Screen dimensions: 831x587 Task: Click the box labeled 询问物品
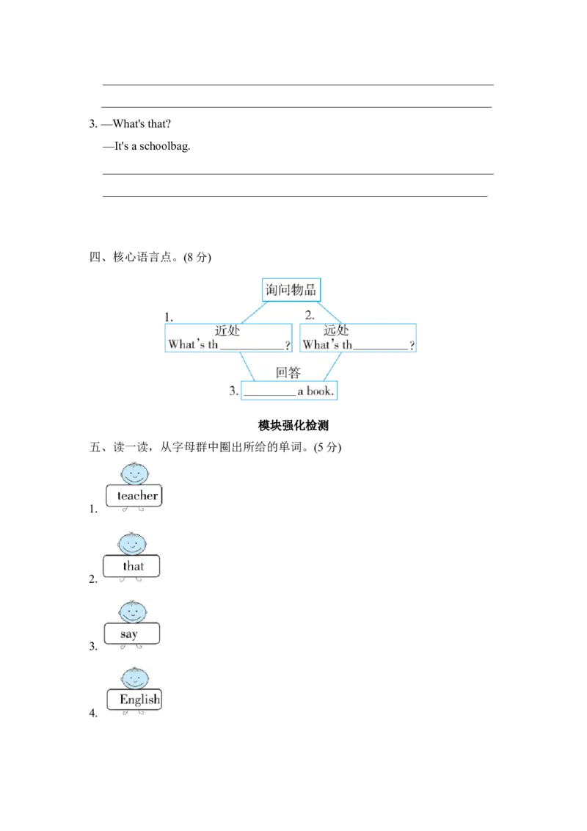point(291,289)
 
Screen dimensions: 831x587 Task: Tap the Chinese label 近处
point(227,331)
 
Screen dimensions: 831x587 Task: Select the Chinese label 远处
point(336,331)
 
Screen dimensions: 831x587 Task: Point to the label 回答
point(288,373)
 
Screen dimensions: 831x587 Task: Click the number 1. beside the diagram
point(169,317)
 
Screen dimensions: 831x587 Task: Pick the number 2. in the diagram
point(310,316)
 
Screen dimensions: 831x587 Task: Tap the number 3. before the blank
point(233,391)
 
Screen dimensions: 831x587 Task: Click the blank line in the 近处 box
point(252,348)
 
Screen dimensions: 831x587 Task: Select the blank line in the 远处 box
point(380,348)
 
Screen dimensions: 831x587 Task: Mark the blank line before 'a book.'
point(269,394)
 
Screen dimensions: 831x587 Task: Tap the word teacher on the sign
point(137,496)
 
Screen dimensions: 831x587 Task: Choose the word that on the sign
point(134,566)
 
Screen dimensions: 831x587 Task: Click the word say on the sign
point(129,634)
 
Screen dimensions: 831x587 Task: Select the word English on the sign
point(139,699)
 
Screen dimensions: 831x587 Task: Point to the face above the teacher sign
point(134,473)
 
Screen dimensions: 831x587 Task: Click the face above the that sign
point(133,544)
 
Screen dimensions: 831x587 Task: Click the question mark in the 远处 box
point(412,346)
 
